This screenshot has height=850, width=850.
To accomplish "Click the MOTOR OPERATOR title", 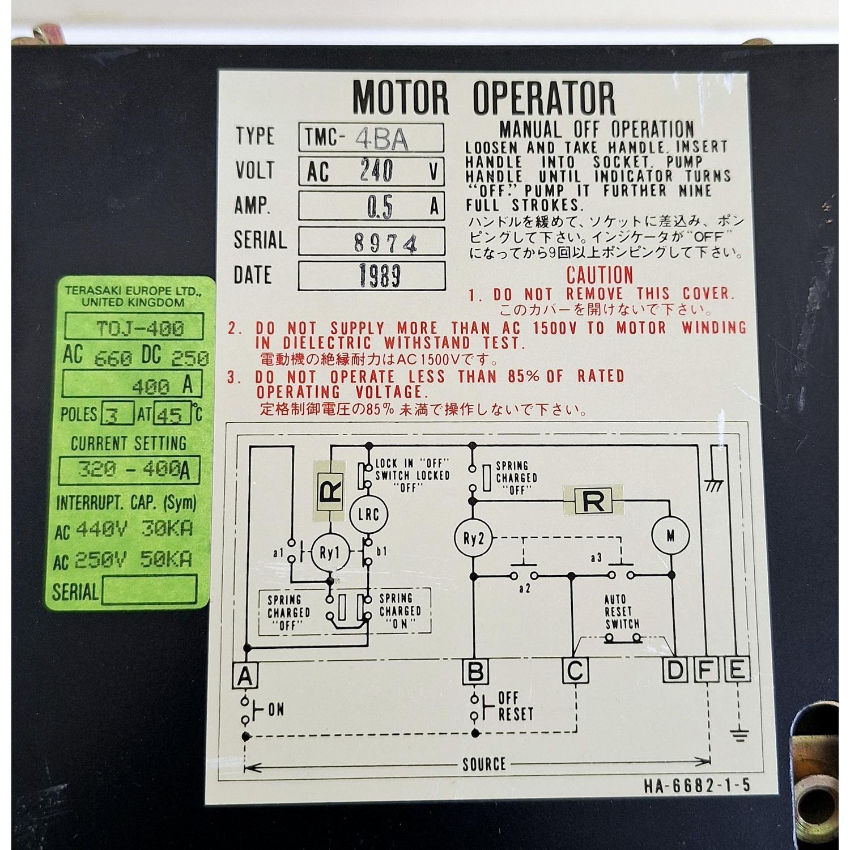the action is pos(483,97).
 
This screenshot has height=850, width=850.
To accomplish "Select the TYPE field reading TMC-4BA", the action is pos(371,138).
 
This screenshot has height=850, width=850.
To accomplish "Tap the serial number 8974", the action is pos(386,243).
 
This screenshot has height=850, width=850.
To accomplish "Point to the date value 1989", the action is pos(380,275).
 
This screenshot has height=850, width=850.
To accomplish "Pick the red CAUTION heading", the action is pos(600,275).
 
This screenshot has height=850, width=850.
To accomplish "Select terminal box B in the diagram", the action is pos(475,671).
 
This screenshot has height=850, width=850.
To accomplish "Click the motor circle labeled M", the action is pos(670,535).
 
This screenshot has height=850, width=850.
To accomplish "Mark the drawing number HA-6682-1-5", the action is pos(696,785).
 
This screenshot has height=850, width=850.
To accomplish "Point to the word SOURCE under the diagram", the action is pos(484,764).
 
